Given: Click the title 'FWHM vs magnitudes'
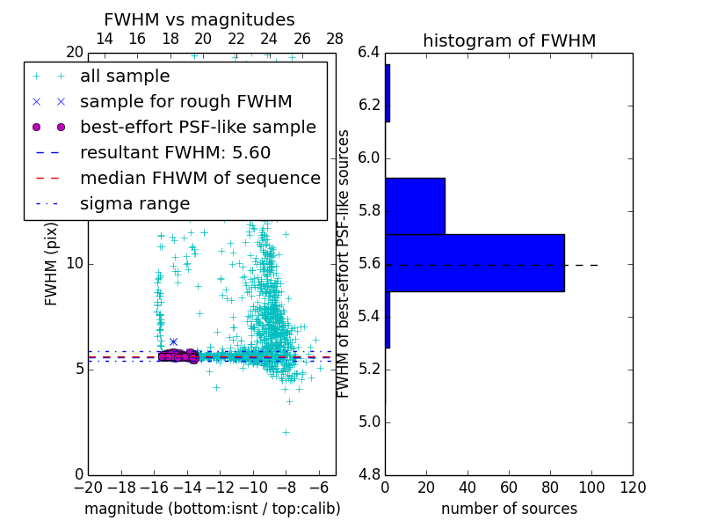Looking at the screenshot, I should click(x=199, y=20).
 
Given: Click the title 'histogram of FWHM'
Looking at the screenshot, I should click(x=509, y=41).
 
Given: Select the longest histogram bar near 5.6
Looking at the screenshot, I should click(x=475, y=262).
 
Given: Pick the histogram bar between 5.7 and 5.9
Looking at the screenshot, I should click(x=415, y=206).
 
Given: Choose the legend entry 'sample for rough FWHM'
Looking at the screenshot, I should click(x=185, y=102).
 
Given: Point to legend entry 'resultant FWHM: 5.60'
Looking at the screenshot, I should click(x=175, y=153).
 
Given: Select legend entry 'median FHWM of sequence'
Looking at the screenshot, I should click(x=199, y=179).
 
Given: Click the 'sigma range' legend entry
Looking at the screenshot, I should click(x=134, y=204).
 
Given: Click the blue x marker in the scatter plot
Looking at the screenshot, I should click(x=173, y=341).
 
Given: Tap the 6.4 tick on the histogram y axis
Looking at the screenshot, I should click(x=368, y=53).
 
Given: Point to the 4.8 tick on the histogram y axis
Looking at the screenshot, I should click(x=368, y=474).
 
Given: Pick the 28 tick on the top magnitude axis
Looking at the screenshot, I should click(x=335, y=39).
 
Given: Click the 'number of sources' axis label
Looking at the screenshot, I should click(x=509, y=509).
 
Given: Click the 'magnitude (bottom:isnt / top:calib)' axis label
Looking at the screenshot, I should click(x=212, y=509).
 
